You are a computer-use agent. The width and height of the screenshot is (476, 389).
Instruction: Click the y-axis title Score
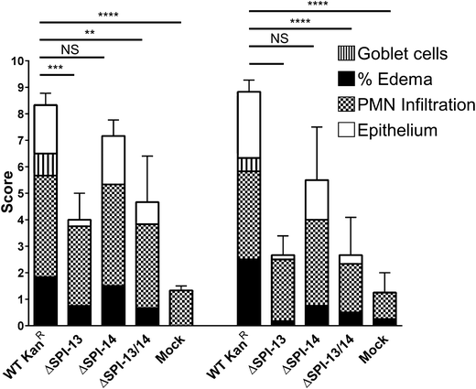point(8,193)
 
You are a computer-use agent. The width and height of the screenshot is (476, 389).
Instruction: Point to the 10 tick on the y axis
point(19,61)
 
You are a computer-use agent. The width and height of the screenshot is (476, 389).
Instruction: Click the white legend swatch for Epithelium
point(351,131)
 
